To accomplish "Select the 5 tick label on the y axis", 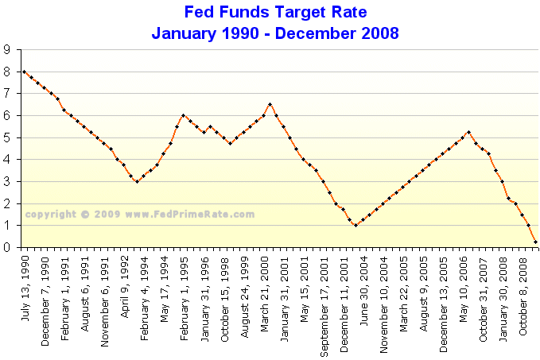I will point(9,137).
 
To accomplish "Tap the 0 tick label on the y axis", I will point(9,248).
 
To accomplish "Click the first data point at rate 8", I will point(24,72).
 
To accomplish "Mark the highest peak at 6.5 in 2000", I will point(270,104).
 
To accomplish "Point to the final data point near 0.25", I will point(535,242).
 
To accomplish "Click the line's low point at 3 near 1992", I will point(137,181).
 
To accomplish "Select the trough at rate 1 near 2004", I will point(355,226).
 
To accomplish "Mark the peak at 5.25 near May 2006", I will point(468,132).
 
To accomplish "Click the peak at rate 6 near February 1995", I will point(183,115).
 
